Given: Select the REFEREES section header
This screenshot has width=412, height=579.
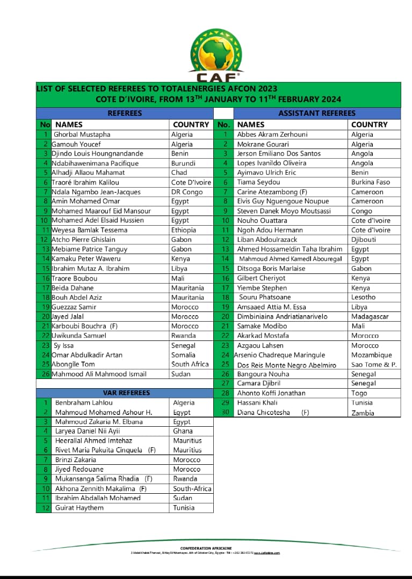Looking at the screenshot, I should coord(125,113).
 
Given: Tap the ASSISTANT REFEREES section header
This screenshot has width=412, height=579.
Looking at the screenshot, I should coord(316,113).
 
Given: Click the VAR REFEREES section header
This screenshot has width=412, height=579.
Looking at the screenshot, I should coord(126,393).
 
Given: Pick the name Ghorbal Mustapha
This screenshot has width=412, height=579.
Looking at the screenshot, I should coord(82,135).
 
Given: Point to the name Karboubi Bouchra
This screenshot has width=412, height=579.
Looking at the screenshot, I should coord(80,326).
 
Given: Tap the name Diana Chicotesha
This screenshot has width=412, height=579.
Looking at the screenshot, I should coord(264,412).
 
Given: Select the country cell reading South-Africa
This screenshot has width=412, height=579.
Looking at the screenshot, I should coord(192,488).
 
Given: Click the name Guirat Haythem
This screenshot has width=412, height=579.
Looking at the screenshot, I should coord(79,508).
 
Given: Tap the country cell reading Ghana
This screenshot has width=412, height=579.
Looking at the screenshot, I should coord(183,431).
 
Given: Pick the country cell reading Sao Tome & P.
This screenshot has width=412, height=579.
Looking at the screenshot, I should coord(374,365).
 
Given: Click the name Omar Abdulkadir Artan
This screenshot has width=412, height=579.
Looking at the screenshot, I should coord(87,355).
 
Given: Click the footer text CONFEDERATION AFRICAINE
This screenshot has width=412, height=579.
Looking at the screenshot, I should coord(206,548).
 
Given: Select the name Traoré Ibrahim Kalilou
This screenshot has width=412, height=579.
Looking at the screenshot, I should coord(85,182).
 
